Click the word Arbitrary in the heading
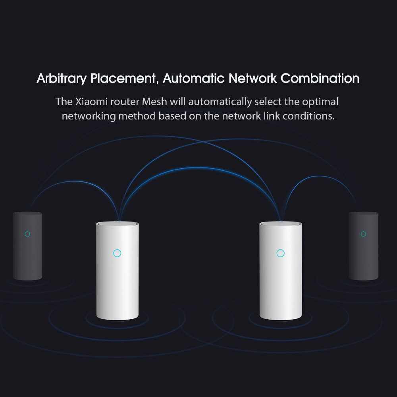tap(62, 79)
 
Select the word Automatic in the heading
tap(194, 78)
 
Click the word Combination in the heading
tap(320, 78)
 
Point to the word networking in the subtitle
tap(89, 116)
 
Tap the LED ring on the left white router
tap(117, 253)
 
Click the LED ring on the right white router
tap(281, 253)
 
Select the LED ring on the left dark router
tap(27, 234)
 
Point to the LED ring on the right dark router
tap(363, 234)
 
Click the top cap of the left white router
tap(117, 224)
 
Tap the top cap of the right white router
tap(281, 224)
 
